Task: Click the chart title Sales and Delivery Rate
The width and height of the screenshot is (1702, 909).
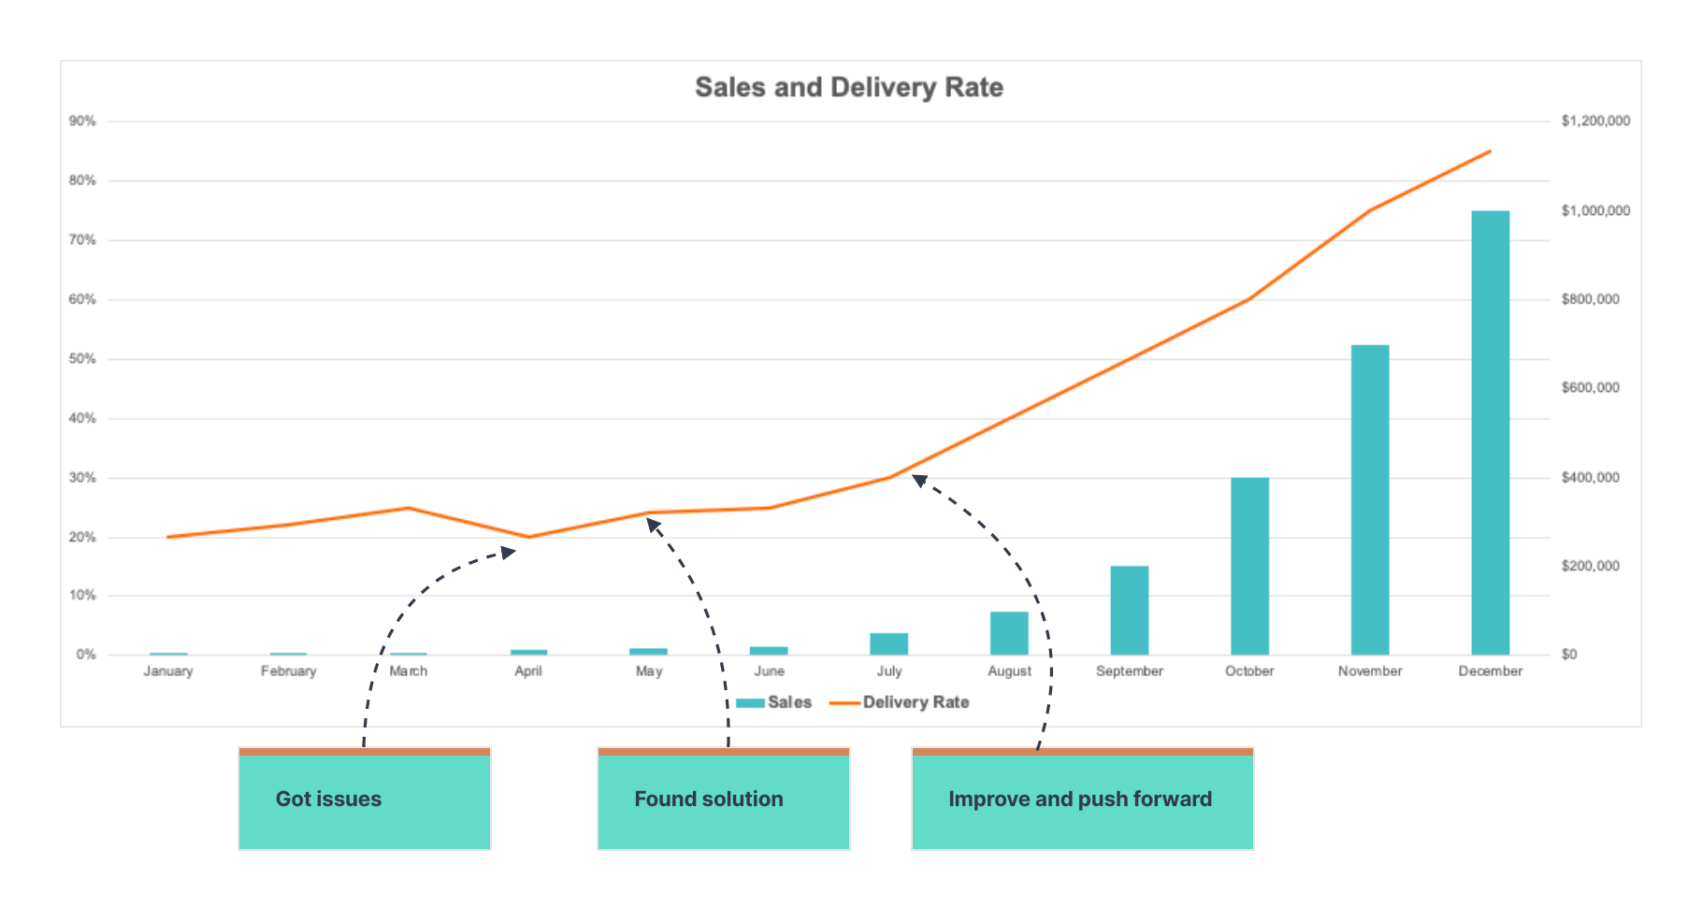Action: tap(849, 87)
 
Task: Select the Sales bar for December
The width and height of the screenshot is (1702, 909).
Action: tap(1490, 432)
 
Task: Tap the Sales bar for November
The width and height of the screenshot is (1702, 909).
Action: tap(1369, 499)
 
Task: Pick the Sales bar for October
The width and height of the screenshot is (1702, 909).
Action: tap(1249, 566)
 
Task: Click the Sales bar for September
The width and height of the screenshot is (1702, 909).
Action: tap(1129, 610)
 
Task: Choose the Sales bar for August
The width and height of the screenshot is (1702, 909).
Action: tap(1009, 633)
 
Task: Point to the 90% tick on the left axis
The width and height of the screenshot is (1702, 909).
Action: tap(82, 122)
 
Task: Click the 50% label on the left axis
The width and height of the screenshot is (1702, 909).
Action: tap(82, 359)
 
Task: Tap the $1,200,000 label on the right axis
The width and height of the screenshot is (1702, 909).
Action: tap(1595, 121)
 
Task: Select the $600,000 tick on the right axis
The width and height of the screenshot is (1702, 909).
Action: tap(1590, 387)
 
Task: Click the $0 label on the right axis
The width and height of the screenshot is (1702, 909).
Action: tap(1569, 654)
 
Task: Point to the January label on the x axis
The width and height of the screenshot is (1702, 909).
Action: tap(168, 671)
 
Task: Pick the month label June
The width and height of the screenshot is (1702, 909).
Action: tap(769, 671)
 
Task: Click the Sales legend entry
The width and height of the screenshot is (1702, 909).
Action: tap(774, 702)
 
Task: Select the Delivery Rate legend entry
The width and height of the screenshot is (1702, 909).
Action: tap(900, 702)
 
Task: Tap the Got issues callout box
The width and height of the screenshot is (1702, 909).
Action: tap(365, 800)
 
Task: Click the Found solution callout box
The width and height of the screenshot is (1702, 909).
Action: tap(723, 800)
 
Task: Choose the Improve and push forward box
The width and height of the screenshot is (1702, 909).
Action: tap(1082, 800)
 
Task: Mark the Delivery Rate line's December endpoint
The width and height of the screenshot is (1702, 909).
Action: tap(1490, 151)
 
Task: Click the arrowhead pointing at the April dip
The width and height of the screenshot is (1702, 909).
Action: tap(509, 553)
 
